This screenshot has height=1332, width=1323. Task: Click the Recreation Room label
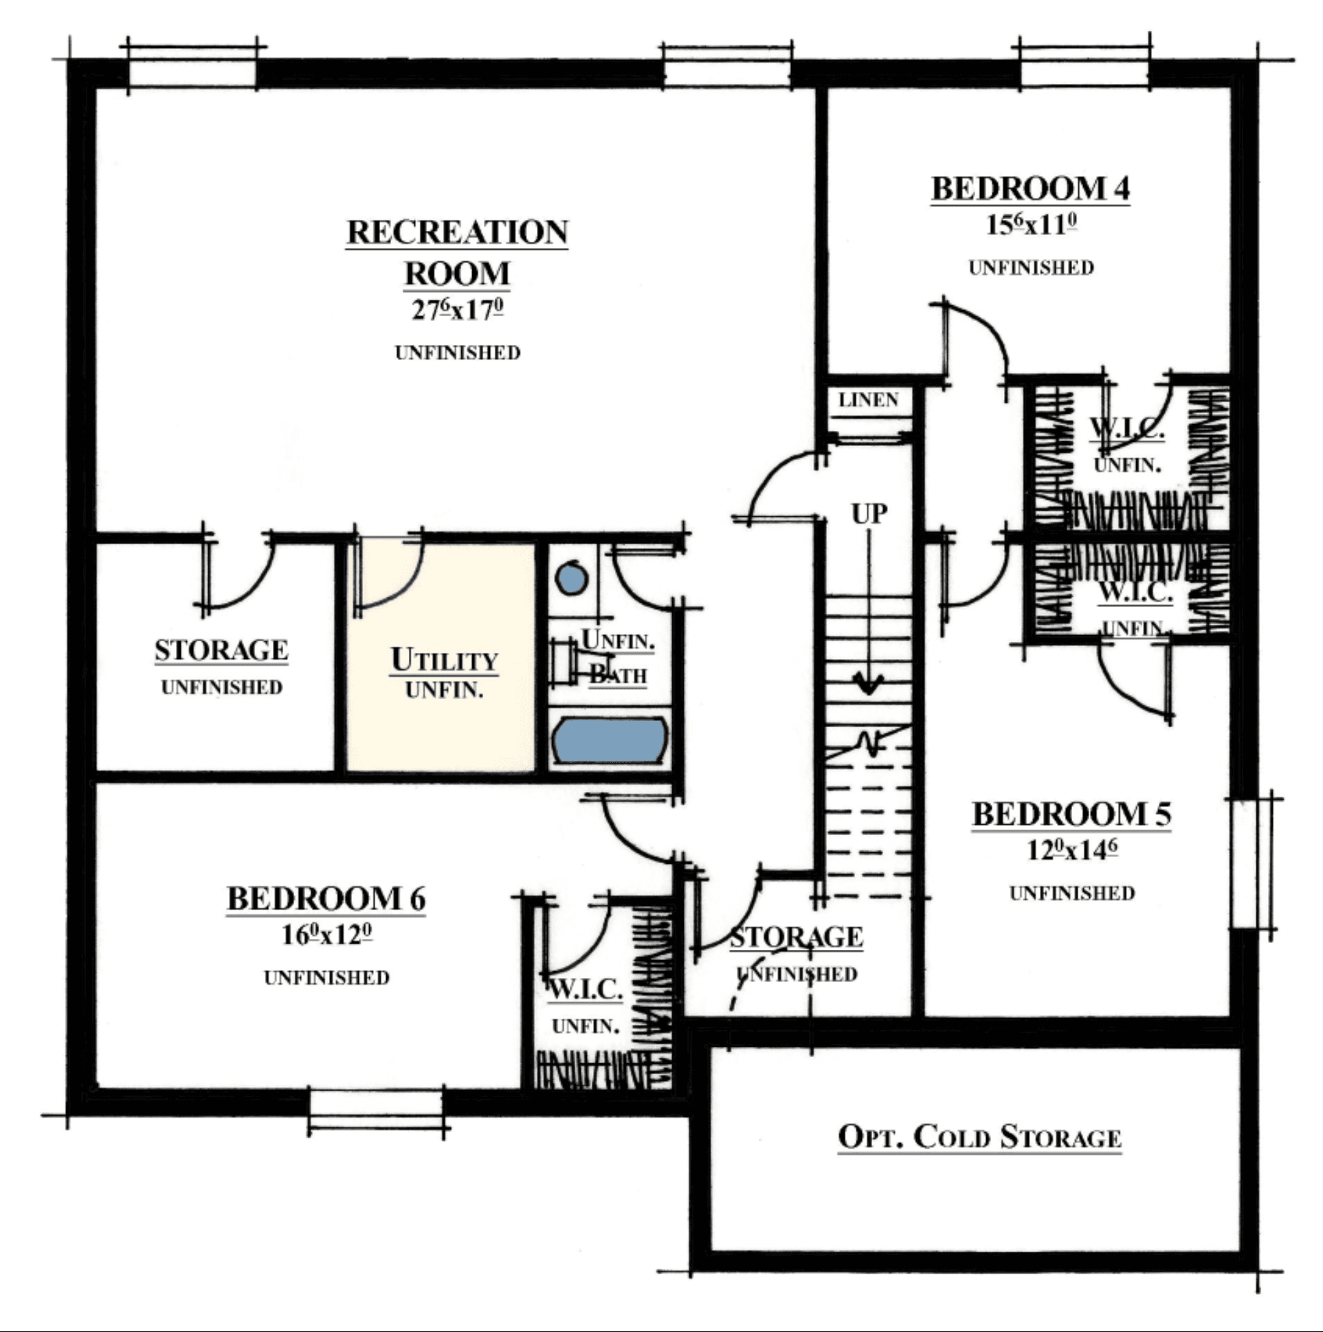tap(457, 252)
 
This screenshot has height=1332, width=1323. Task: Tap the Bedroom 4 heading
tap(1031, 189)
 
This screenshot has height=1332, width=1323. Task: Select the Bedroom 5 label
tap(1071, 814)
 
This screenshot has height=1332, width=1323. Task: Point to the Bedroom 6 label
tap(326, 898)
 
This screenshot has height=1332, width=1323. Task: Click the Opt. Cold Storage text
tap(979, 1136)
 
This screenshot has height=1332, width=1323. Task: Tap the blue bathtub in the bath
tap(610, 740)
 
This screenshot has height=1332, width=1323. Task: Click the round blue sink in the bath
tap(572, 579)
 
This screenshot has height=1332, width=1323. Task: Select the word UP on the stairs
tap(869, 513)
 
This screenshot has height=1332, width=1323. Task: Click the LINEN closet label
tap(869, 400)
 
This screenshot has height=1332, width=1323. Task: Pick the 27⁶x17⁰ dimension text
tap(457, 309)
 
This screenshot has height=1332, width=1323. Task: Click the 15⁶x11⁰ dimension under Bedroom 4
tap(1031, 225)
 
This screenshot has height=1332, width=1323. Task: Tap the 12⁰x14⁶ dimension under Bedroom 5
tap(1071, 850)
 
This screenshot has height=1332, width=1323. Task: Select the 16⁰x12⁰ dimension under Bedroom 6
tap(326, 934)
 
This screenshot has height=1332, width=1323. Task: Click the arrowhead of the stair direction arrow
tap(869, 686)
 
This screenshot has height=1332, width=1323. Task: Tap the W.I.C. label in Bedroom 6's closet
tap(586, 990)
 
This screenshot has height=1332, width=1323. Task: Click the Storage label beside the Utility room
tap(221, 650)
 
